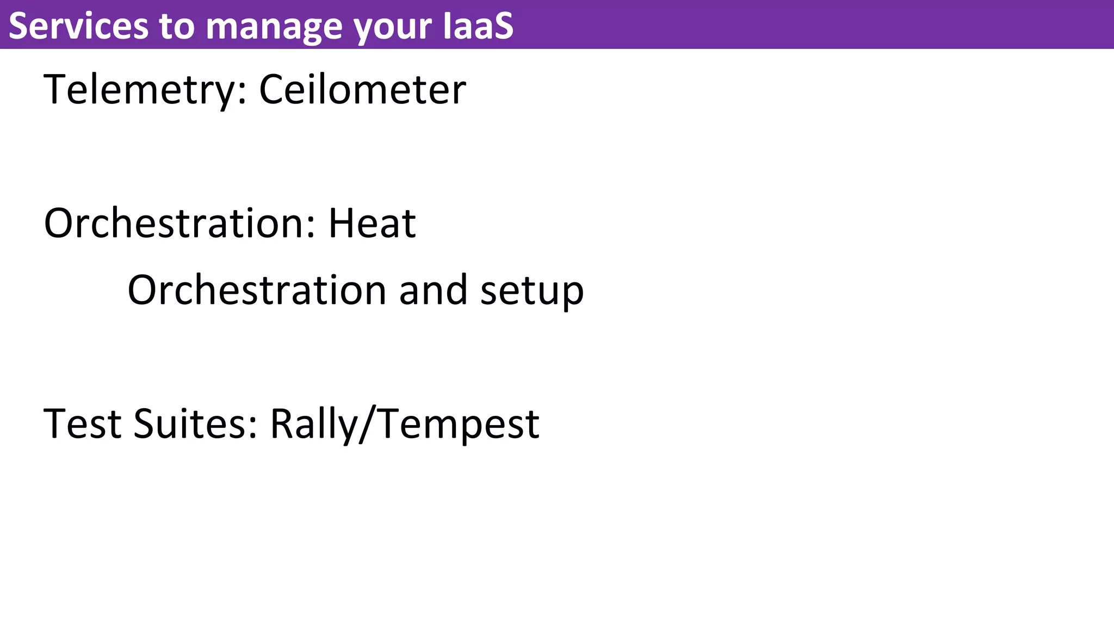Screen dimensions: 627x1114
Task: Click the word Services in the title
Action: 78,26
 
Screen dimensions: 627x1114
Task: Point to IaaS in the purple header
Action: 478,26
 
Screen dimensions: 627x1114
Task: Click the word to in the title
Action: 177,26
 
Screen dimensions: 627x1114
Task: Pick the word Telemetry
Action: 139,90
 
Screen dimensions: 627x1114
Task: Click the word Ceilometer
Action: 362,90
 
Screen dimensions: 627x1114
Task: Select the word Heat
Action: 372,223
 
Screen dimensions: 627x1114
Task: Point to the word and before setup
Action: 433,290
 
